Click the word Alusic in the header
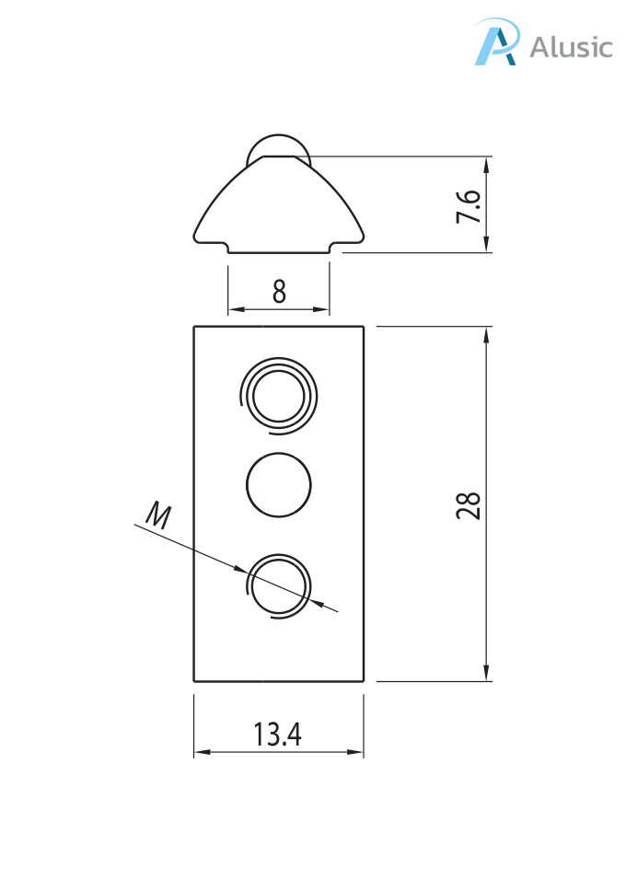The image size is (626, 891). pos(571,47)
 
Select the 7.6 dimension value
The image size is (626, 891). pos(469,206)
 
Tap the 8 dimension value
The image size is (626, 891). pos(279,292)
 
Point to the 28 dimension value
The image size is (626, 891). pos(469,504)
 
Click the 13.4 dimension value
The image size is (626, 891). pos(278,735)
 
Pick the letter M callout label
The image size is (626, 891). pos(159,515)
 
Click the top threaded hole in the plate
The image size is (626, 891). pos(279,397)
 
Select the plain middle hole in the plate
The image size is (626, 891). pos(279,484)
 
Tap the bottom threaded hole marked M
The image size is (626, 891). pos(279,585)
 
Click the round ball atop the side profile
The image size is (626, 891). pos(279,149)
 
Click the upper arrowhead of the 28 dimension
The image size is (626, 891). pos(486,333)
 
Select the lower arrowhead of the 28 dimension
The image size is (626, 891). pos(486,675)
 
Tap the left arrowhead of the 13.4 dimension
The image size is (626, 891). pos(201,752)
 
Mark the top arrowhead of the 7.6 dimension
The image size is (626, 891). pos(486,164)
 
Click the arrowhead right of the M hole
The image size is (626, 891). pos(319,603)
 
